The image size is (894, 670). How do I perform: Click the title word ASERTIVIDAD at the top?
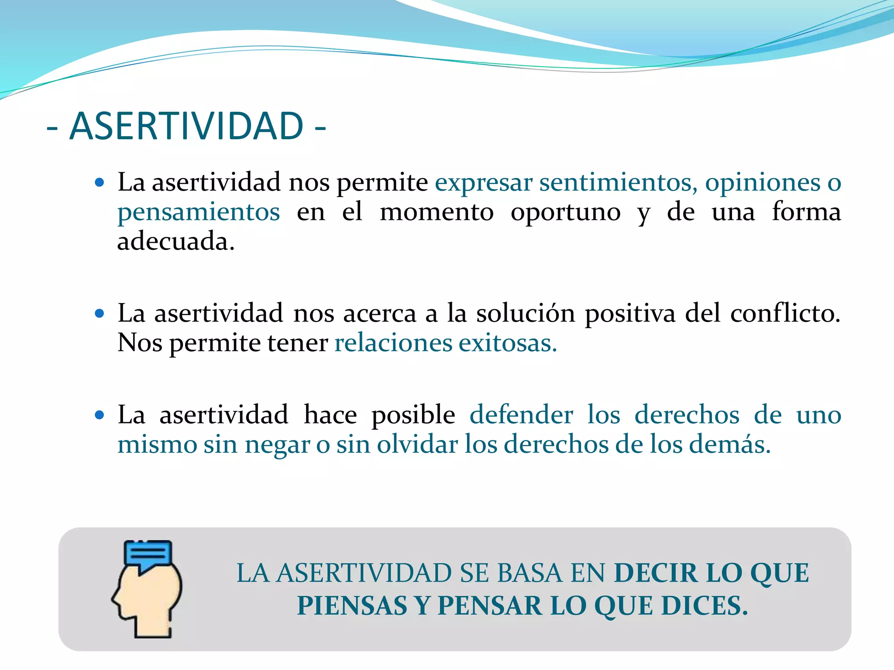[x=186, y=126]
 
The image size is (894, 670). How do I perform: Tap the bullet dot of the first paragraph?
[x=100, y=182]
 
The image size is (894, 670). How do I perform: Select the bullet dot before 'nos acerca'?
[x=100, y=313]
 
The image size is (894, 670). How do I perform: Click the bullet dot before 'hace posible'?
[x=100, y=414]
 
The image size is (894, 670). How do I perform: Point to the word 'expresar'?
[x=484, y=183]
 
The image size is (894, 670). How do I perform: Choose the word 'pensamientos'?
[x=199, y=212]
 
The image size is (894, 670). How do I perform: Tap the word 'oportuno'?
[x=566, y=212]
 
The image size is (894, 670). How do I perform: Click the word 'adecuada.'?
[x=176, y=241]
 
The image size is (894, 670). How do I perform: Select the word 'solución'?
[x=526, y=313]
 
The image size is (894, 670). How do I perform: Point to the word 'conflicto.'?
[x=785, y=313]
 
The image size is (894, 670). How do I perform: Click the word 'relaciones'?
[x=393, y=343]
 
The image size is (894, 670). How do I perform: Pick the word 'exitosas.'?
[x=508, y=343]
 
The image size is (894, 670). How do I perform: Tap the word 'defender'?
[x=521, y=414]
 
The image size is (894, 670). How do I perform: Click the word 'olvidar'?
[x=417, y=444]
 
